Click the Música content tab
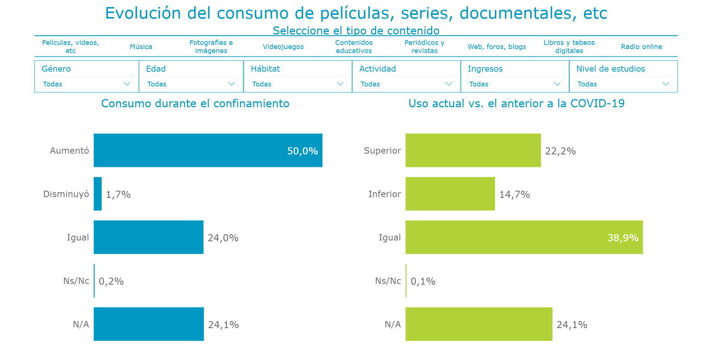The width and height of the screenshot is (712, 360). pyautogui.click(x=141, y=47)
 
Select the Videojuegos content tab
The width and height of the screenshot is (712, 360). pyautogui.click(x=283, y=47)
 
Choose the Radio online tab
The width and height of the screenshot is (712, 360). pyautogui.click(x=641, y=47)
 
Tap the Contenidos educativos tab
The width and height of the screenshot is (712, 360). pyautogui.click(x=354, y=47)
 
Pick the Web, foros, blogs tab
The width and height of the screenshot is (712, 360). pyautogui.click(x=496, y=47)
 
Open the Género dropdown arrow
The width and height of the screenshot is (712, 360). pyautogui.click(x=127, y=84)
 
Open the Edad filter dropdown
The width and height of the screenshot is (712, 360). pyautogui.click(x=191, y=84)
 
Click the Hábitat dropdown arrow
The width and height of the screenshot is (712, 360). pyautogui.click(x=340, y=84)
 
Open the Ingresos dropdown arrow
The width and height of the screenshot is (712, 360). pyautogui.click(x=557, y=84)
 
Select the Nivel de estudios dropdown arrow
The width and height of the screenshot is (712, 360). pyautogui.click(x=666, y=84)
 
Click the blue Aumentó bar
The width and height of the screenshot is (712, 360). pyautogui.click(x=208, y=150)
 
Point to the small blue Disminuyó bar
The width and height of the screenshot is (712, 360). pyautogui.click(x=98, y=194)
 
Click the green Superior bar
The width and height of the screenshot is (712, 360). pyautogui.click(x=473, y=150)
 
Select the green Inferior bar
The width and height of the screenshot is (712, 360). pyautogui.click(x=450, y=194)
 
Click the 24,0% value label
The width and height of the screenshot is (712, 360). pyautogui.click(x=223, y=238)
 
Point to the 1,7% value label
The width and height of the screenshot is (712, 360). pyautogui.click(x=118, y=194)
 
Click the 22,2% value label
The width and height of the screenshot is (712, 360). pyautogui.click(x=560, y=151)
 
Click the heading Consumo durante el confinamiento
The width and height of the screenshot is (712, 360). pyautogui.click(x=195, y=104)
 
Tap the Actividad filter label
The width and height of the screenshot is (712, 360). pyautogui.click(x=377, y=69)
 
